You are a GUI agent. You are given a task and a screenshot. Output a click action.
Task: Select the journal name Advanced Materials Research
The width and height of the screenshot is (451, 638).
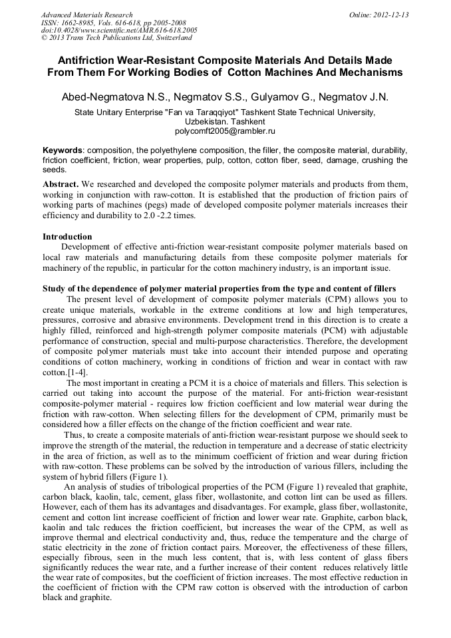coord(86,15)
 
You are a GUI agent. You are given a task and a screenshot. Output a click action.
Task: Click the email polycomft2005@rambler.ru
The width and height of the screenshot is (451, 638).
coord(224,132)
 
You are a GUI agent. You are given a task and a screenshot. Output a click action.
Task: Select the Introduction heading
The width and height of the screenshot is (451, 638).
coord(67,236)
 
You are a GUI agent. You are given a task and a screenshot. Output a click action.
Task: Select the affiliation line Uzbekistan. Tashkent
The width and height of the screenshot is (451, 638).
coord(224,122)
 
